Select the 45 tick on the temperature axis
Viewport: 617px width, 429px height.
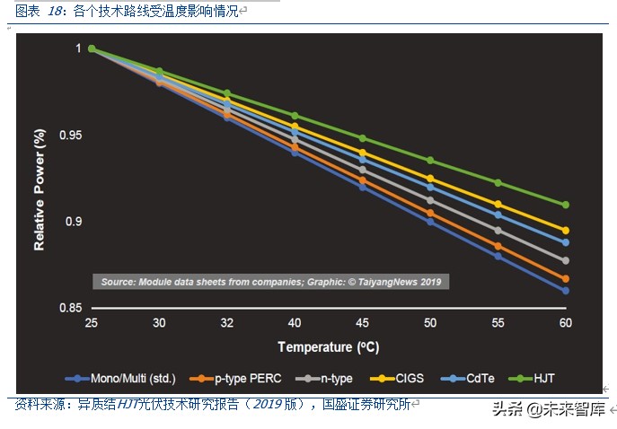click(362, 322)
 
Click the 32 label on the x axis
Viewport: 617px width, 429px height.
click(226, 322)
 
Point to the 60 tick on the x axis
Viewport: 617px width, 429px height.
click(565, 322)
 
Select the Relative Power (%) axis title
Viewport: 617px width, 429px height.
click(40, 189)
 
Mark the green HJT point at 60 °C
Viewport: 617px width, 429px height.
click(565, 205)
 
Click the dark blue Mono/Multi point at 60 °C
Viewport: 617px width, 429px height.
click(565, 291)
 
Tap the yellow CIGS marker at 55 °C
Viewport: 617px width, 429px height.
click(498, 205)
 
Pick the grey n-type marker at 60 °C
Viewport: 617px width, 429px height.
click(565, 260)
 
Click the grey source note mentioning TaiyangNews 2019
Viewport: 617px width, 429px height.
click(269, 282)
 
